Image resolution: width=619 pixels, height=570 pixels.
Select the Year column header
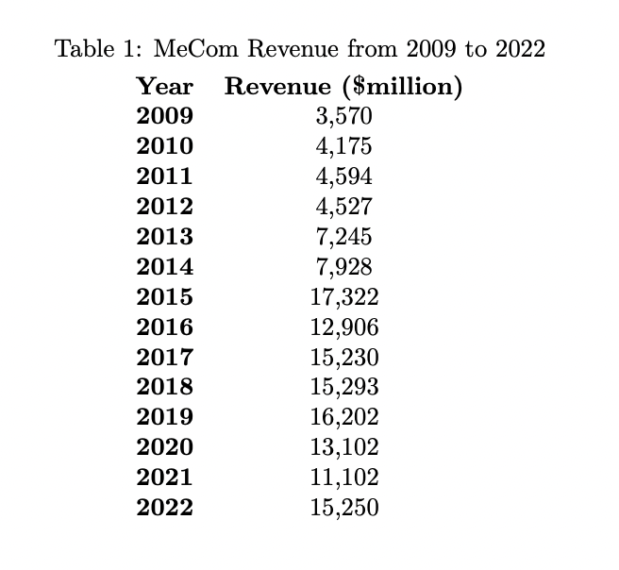pos(164,87)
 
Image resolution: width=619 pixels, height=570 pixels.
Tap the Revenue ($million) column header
pos(343,87)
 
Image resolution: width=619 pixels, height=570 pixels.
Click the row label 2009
pos(164,117)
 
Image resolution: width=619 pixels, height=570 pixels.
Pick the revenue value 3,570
pos(343,117)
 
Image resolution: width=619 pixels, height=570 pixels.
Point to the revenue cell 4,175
pos(343,147)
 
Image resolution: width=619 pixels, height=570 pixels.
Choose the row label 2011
pos(164,176)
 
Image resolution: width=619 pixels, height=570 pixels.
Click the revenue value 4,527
pos(343,207)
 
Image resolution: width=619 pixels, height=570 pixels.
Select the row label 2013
pos(164,237)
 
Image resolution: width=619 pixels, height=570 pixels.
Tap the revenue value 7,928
pos(343,267)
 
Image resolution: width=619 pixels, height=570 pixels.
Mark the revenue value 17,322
pos(343,297)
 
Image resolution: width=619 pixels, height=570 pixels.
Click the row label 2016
pos(164,327)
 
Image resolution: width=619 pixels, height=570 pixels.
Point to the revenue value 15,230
pos(343,358)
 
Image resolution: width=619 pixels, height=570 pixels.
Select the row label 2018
pos(164,387)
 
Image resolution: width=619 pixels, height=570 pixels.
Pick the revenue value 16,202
pos(343,417)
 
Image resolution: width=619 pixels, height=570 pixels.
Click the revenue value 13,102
pos(343,447)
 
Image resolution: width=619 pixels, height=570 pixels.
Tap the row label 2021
pos(164,478)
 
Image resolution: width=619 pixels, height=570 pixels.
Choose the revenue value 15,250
pos(343,508)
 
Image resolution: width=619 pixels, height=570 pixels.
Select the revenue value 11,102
pos(343,478)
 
